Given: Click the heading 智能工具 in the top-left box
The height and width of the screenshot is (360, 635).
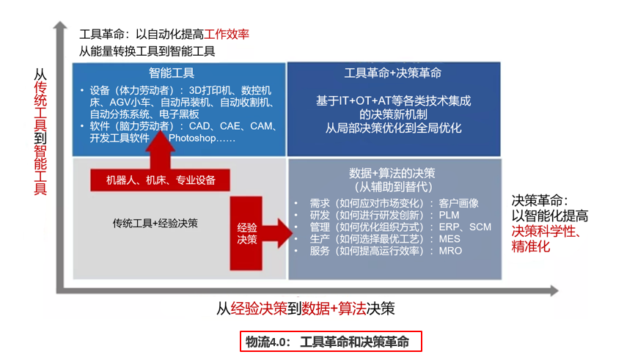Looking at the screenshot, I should (x=172, y=73).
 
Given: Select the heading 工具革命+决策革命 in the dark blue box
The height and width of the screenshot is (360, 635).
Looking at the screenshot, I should (x=393, y=73).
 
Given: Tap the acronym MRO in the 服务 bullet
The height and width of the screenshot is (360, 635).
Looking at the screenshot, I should (x=450, y=251).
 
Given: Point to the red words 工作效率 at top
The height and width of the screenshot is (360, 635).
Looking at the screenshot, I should (x=227, y=34).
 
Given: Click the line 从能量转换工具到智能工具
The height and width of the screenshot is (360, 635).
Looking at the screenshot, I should (x=147, y=51).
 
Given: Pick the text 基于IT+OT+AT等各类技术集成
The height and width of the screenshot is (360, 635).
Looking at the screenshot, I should (x=393, y=100).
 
